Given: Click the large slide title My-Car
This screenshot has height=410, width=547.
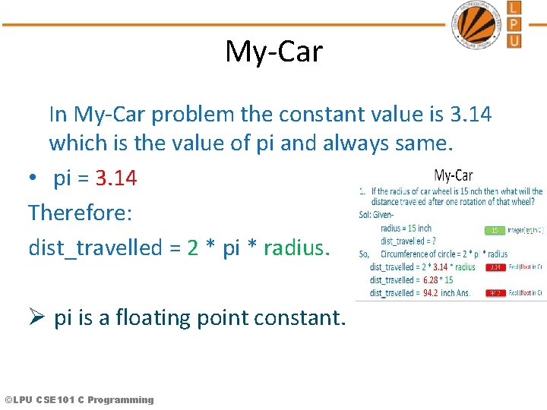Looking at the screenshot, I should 273,52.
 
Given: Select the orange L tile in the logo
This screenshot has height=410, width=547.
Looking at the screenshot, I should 514,8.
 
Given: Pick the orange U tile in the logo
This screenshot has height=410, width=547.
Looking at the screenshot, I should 514,40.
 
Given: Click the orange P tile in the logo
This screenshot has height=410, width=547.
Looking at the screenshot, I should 514,24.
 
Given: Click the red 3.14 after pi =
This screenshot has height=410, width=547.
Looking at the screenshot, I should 116,178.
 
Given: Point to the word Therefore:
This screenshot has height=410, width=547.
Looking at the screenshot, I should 81,213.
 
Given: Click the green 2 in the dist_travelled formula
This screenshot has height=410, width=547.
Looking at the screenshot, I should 193,247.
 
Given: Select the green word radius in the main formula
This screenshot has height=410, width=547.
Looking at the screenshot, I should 293,247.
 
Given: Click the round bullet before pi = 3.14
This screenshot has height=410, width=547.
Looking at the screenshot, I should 34,179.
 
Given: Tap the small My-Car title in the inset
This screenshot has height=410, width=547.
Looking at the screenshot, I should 453,176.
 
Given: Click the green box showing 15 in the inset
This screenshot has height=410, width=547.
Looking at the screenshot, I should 494,229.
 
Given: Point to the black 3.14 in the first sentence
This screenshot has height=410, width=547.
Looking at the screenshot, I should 470,114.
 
